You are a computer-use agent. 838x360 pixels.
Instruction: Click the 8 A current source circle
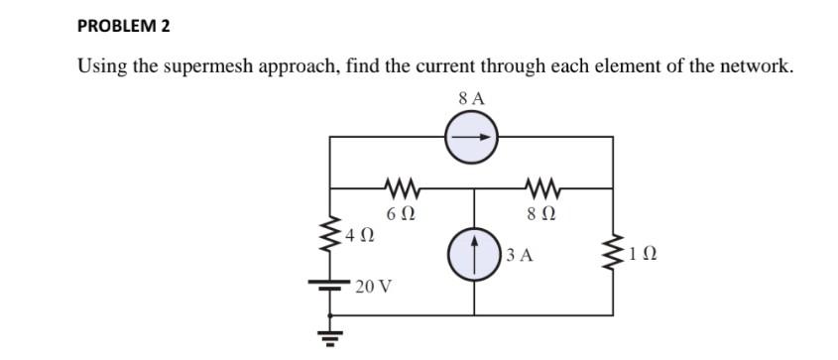click(473, 139)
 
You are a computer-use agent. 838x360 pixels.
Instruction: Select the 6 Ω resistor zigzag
click(402, 186)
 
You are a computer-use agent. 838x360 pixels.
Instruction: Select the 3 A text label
click(519, 256)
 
